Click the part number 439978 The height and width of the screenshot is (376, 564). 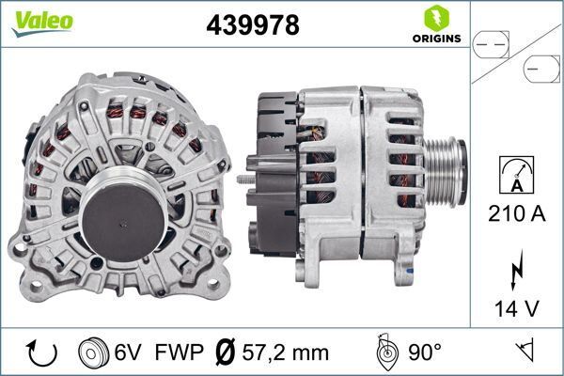pyautogui.click(x=253, y=25)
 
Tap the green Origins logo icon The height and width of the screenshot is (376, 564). pyautogui.click(x=436, y=17)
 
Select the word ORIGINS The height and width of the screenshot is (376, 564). pyautogui.click(x=436, y=39)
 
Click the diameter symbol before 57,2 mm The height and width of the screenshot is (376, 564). pyautogui.click(x=226, y=353)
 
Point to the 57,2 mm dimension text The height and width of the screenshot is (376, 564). pyautogui.click(x=284, y=353)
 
